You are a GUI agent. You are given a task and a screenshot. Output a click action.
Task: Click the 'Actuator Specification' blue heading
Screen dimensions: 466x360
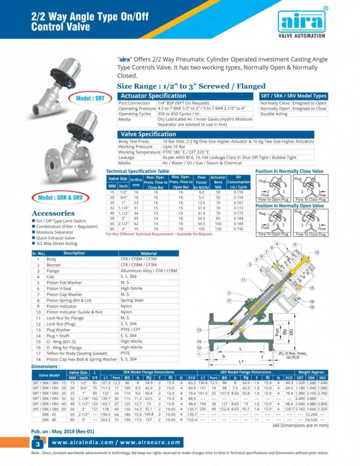pos(153,96)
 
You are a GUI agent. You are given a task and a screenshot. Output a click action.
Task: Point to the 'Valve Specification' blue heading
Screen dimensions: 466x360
pos(148,134)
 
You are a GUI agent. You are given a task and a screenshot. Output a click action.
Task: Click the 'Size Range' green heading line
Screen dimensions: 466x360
pos(191,86)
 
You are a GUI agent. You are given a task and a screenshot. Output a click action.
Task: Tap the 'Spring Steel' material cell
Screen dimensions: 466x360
pos(131,300)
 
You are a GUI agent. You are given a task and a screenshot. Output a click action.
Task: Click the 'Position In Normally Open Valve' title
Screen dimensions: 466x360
pos(289,206)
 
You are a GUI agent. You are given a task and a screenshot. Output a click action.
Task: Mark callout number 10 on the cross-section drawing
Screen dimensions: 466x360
pos(316,252)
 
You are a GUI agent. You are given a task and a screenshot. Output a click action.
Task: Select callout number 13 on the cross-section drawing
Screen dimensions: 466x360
pos(198,330)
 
